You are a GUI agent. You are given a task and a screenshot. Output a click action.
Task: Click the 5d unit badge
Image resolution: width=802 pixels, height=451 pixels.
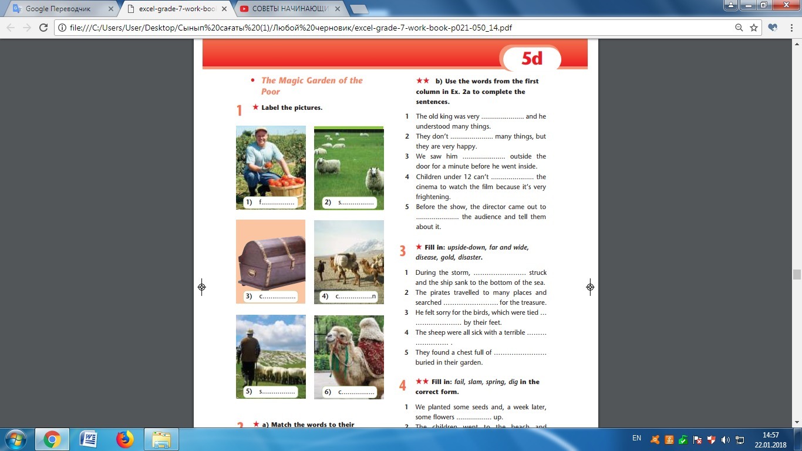coord(532,58)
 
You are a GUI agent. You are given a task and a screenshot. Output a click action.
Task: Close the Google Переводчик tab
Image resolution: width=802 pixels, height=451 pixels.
coord(111,9)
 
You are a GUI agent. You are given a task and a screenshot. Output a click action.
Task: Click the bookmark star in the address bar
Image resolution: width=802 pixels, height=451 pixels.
coord(754,28)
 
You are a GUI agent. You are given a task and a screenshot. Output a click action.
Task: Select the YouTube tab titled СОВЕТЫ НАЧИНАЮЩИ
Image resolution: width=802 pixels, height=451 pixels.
coord(291,9)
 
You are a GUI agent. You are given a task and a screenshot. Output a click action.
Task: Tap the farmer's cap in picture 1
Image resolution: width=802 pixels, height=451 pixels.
coord(261,130)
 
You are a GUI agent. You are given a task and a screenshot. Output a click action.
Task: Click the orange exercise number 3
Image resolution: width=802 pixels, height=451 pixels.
coord(402,251)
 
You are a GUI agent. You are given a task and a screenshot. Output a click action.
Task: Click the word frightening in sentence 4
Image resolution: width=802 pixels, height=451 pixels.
coord(433,197)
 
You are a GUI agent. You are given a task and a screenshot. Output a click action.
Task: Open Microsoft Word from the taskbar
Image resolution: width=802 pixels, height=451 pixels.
coord(88,439)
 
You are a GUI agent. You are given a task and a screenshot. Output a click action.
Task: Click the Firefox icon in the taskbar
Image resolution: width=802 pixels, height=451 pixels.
coord(125,439)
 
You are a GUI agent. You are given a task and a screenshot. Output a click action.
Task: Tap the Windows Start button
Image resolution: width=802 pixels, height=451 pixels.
coord(16,439)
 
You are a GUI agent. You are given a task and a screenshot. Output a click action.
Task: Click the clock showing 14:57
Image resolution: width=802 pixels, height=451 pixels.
coord(770,435)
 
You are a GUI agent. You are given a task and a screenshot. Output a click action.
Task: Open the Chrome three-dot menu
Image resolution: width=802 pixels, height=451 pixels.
coord(791,28)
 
